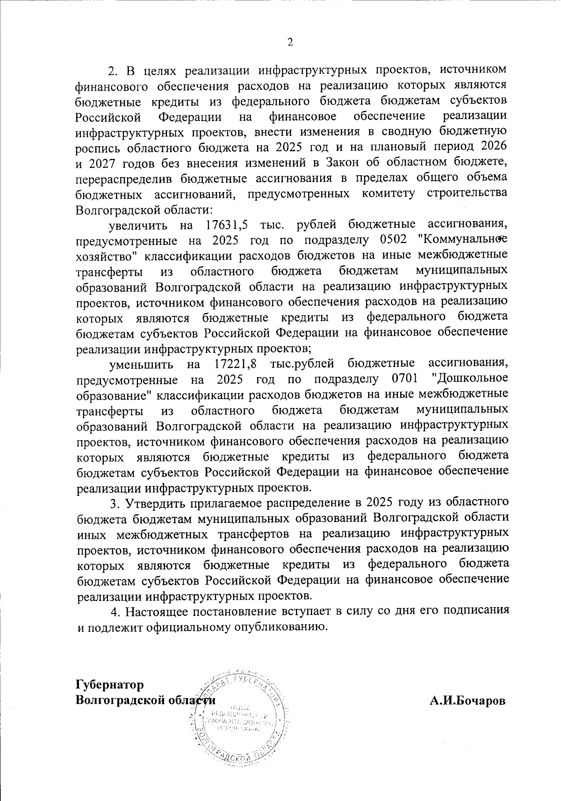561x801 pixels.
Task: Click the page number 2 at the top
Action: [290, 43]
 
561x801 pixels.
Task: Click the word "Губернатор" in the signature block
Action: [109, 685]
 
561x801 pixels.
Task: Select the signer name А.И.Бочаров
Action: [467, 701]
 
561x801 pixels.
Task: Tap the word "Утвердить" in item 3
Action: [154, 503]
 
